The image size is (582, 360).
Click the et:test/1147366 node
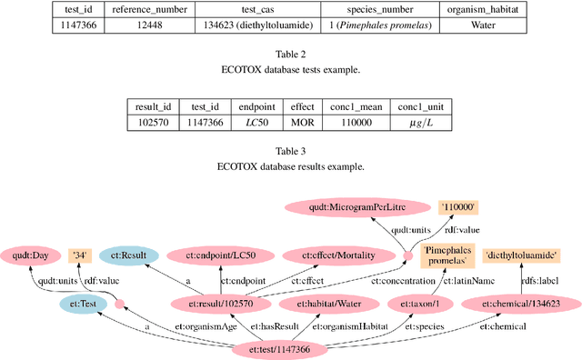click(293, 349)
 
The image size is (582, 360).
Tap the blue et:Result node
click(129, 256)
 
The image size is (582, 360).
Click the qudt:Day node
click(29, 256)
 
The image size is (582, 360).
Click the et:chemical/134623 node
click(520, 303)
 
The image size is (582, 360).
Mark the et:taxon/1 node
click(417, 303)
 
